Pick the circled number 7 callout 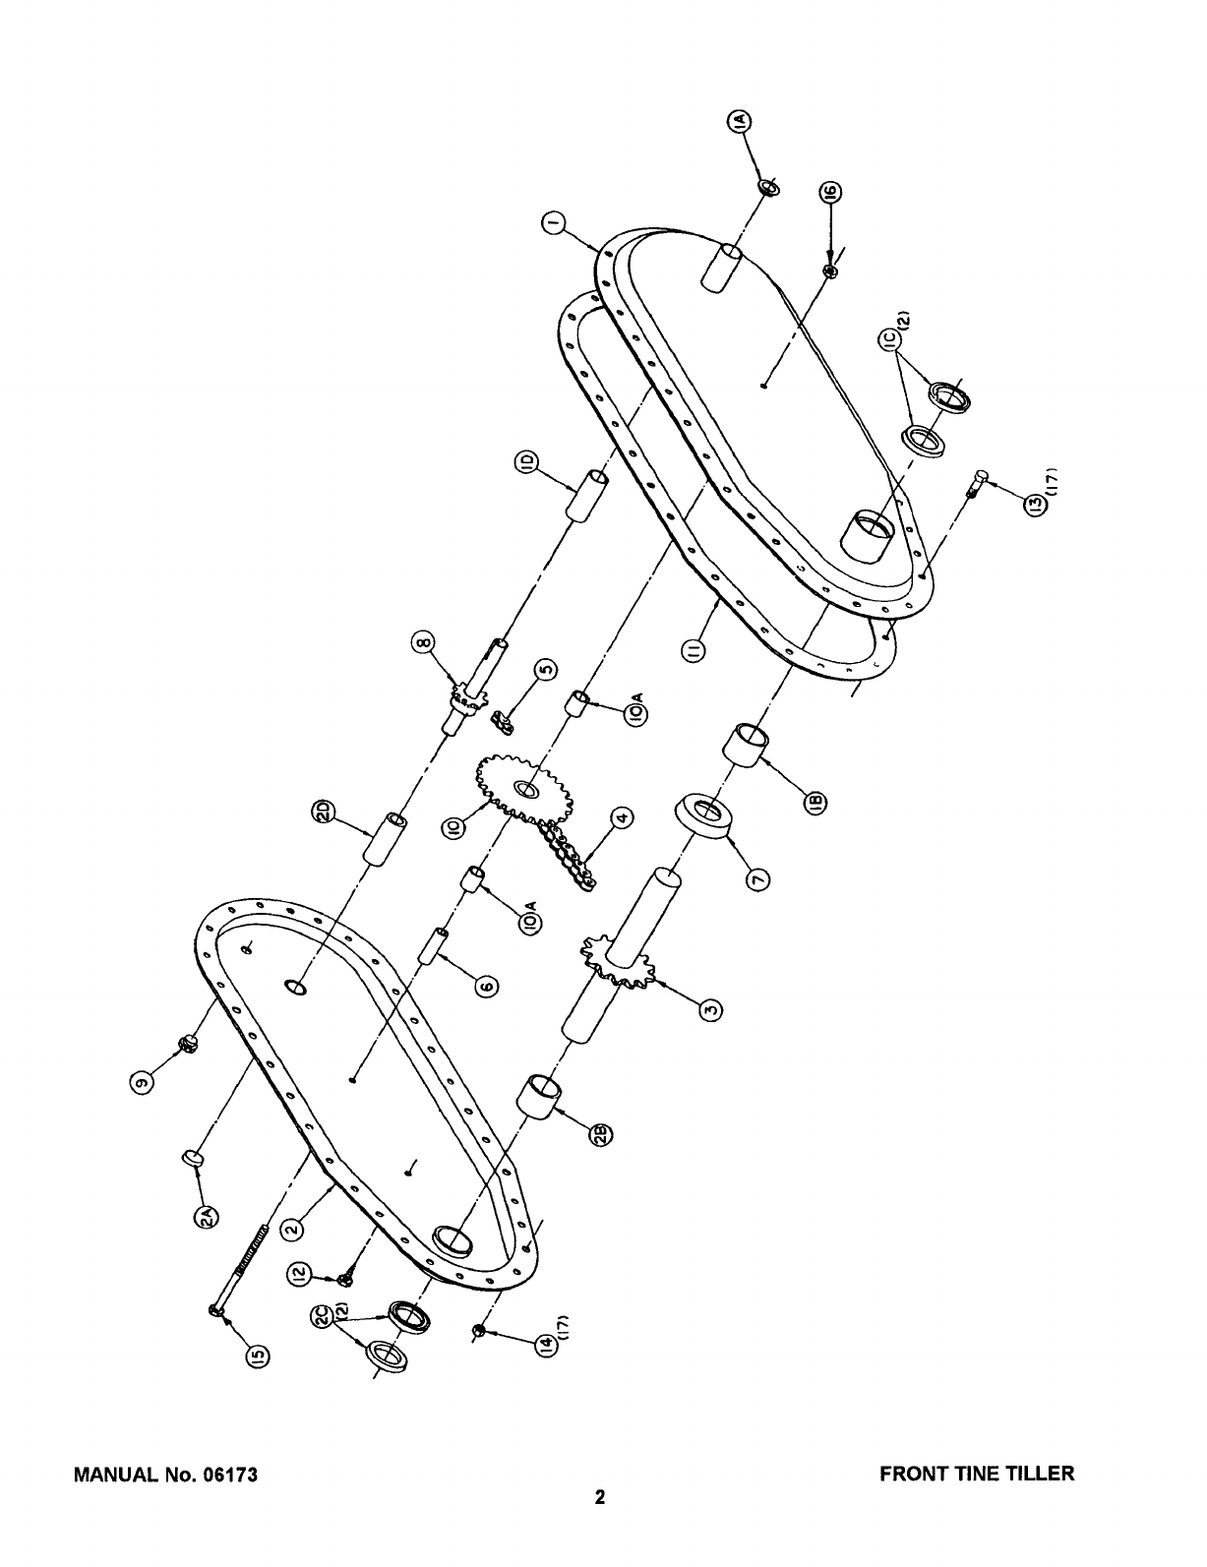tap(757, 879)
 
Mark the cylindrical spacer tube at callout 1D tap(587, 495)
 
